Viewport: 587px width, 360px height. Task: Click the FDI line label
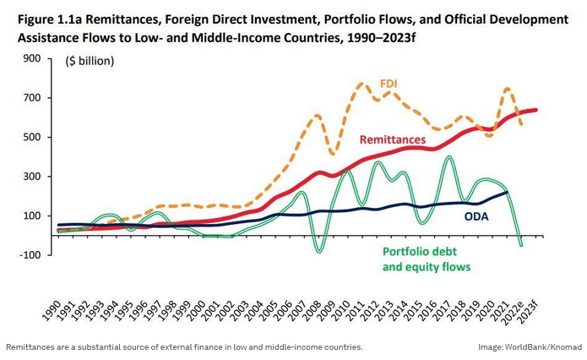389,84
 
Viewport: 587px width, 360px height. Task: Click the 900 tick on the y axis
32,58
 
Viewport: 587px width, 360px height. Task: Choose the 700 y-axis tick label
32,98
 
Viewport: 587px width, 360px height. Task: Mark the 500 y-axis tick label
32,137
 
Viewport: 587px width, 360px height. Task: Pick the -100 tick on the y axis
30,255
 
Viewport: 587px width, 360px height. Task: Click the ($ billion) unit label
90,61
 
